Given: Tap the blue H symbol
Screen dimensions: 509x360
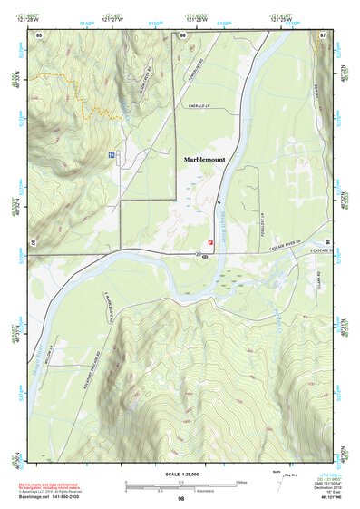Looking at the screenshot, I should coord(112,155).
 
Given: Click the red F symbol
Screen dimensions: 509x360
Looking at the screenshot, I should coord(211,242).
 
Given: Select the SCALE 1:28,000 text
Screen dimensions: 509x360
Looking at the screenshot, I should coord(180,474).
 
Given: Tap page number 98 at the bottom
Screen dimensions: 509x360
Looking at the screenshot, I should coord(180,499).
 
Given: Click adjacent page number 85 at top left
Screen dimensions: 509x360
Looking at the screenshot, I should coord(38,34).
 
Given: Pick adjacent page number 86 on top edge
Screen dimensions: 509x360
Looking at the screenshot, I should coord(182,34).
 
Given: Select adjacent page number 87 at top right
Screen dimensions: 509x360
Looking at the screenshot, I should coord(323,34).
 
